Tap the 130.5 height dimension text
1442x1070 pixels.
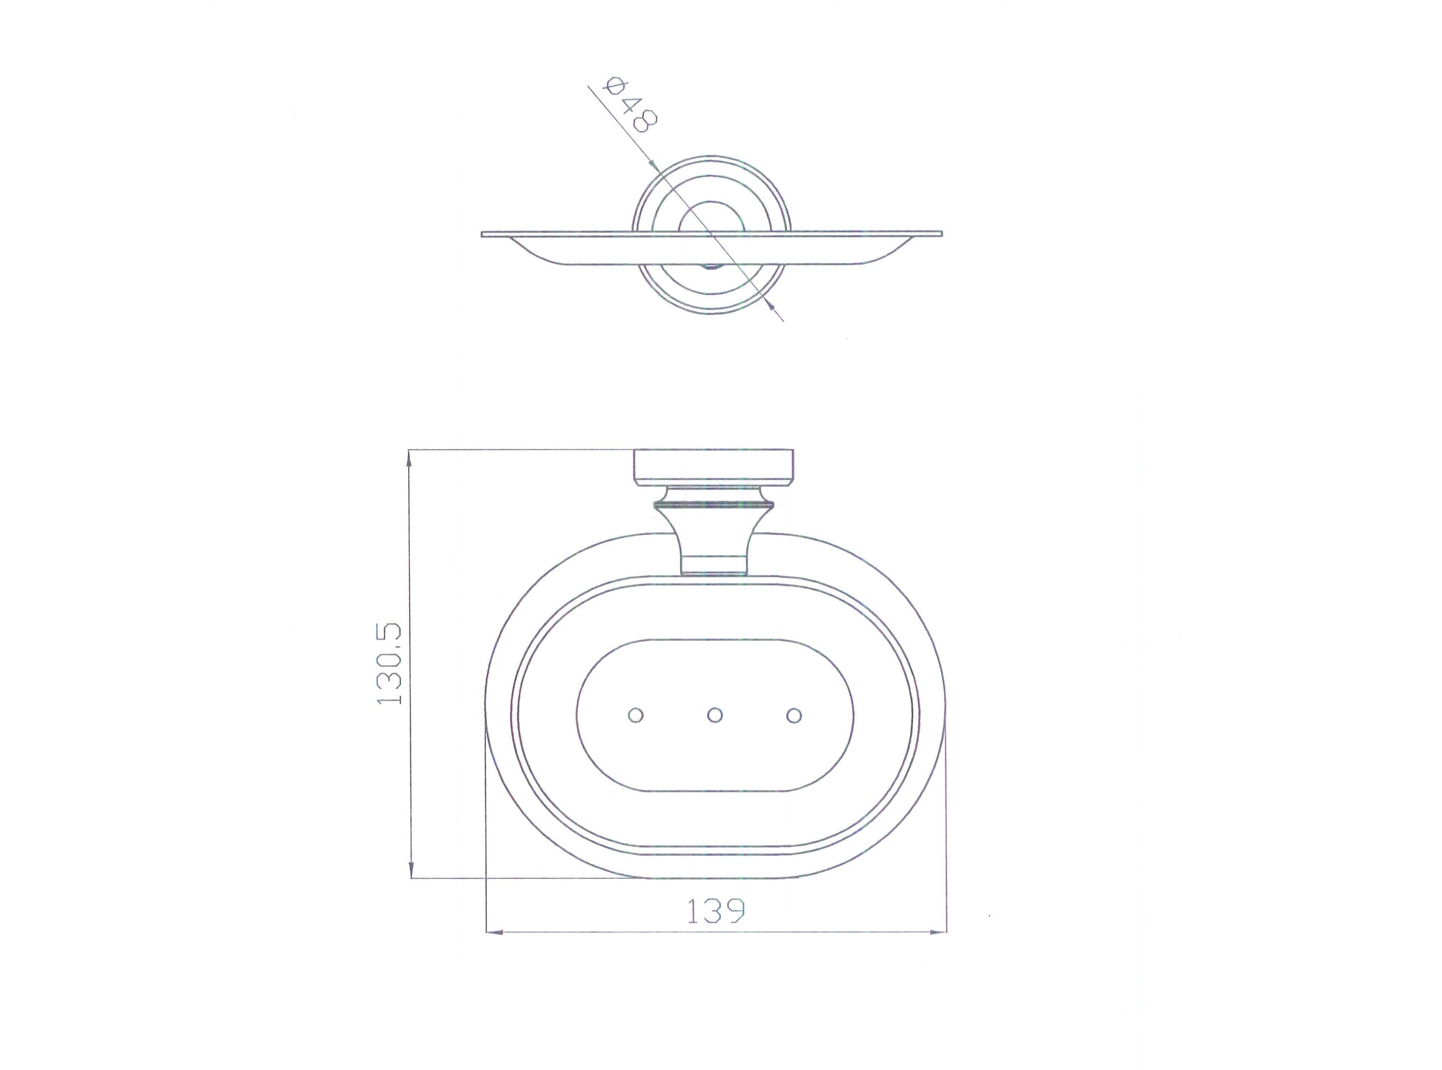point(389,662)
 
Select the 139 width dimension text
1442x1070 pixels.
point(715,911)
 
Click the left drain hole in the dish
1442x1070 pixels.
point(635,715)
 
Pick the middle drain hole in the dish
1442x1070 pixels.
point(714,715)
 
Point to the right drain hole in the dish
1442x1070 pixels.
point(794,716)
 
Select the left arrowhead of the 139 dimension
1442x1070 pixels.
point(494,931)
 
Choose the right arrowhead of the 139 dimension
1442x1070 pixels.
point(938,931)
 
